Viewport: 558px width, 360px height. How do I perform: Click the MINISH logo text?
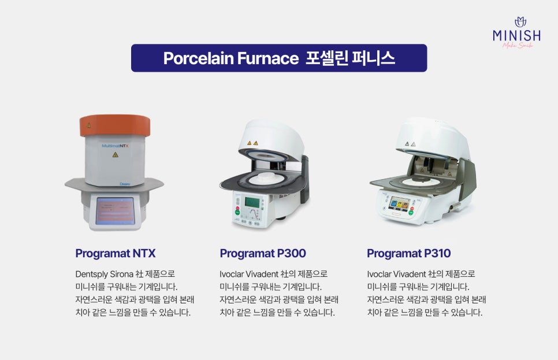coord(517,35)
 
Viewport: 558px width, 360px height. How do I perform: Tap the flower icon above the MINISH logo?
coord(520,22)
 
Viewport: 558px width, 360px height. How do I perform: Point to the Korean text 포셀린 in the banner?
coord(327,58)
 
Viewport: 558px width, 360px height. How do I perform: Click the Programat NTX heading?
coord(116,253)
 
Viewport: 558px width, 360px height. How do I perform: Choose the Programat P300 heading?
coord(263,253)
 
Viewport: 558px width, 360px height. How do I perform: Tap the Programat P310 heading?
coord(408,253)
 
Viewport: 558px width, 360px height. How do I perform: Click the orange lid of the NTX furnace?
coord(115,125)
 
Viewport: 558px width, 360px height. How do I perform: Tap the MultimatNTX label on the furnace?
coord(115,146)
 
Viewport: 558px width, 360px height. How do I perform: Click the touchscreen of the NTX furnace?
coord(115,211)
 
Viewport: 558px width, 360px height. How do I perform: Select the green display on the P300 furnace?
coord(252,202)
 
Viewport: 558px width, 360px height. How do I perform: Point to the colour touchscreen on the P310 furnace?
coord(400,203)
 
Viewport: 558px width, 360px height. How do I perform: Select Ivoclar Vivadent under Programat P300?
coord(249,274)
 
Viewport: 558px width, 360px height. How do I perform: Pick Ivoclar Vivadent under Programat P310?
coord(396,274)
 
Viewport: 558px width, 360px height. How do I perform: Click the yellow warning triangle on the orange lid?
coord(88,125)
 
